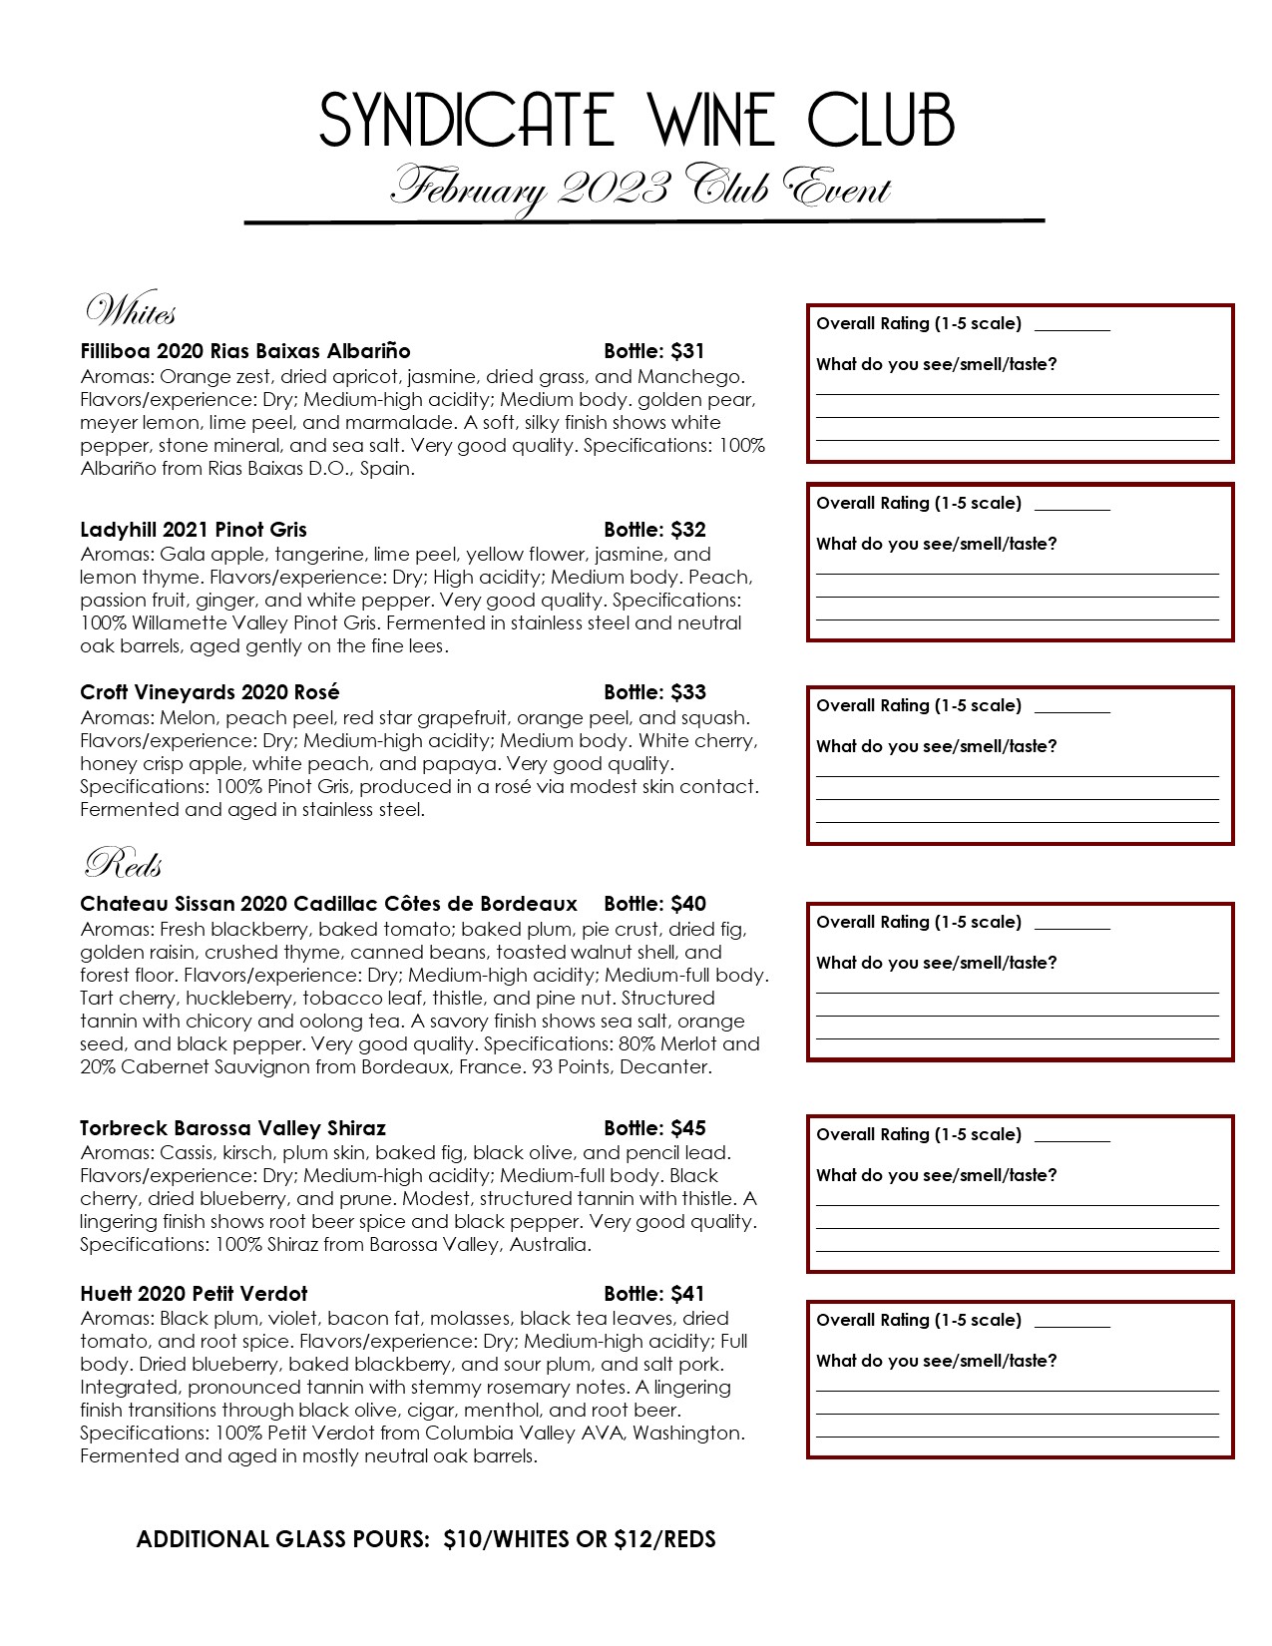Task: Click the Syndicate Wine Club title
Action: (636, 121)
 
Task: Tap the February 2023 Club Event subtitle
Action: (639, 188)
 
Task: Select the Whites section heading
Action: (131, 312)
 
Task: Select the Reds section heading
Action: (124, 864)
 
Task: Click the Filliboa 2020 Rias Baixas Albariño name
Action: (245, 351)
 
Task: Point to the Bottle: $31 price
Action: (654, 351)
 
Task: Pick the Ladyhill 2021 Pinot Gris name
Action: (194, 530)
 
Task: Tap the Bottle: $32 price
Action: (654, 530)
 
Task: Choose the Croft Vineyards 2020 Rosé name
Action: (210, 692)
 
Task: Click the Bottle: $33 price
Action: (654, 692)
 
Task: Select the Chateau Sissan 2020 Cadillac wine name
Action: (328, 904)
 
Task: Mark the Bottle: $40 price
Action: (654, 904)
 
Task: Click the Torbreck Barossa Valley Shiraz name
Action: (232, 1128)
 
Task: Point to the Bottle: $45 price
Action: (654, 1128)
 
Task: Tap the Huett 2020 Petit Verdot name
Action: (194, 1294)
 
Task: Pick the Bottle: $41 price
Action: (654, 1294)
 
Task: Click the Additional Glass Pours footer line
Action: (426, 1539)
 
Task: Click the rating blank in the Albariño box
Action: (1072, 325)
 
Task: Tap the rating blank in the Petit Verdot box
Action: (1072, 1322)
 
